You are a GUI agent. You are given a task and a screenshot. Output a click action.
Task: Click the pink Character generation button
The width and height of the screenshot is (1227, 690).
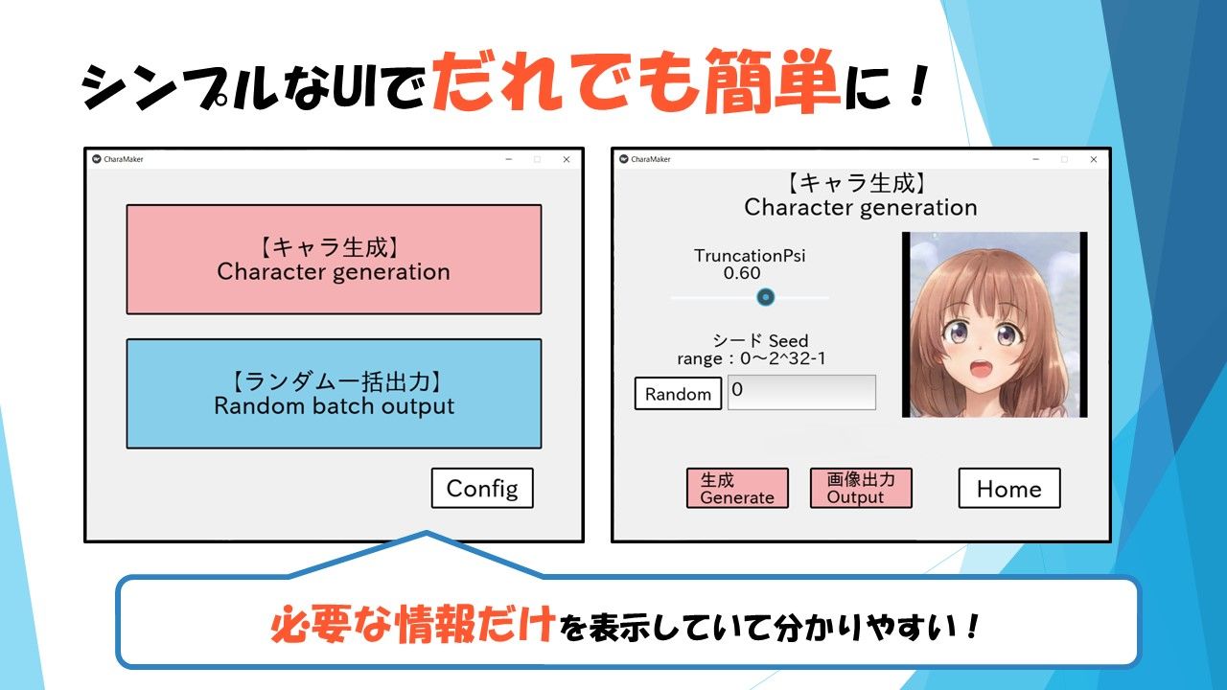[x=335, y=260]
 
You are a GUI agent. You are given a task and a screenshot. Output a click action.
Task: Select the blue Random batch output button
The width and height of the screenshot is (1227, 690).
[x=335, y=394]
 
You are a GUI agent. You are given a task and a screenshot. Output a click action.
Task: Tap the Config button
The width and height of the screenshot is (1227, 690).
[x=482, y=488]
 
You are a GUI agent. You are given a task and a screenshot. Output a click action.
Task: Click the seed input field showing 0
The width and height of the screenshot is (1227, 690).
[x=801, y=392]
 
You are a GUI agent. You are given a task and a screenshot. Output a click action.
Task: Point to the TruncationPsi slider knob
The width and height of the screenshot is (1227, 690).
[x=765, y=297]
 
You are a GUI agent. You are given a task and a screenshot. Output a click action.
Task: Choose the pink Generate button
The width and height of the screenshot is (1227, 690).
[x=737, y=488]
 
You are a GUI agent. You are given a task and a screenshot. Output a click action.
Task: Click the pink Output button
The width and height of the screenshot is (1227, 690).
[x=861, y=488]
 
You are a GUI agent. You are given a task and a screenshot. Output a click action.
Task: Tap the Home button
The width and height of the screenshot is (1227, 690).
[x=1009, y=488]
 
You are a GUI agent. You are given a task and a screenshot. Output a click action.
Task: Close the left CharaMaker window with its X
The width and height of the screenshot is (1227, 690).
[x=567, y=159]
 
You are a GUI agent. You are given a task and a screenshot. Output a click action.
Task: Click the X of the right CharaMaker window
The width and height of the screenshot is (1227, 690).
[x=1094, y=159]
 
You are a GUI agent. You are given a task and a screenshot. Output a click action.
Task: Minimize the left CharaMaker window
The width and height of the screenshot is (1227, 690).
[x=509, y=159]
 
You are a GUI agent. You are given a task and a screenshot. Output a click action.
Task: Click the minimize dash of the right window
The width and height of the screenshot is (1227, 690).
[x=1036, y=159]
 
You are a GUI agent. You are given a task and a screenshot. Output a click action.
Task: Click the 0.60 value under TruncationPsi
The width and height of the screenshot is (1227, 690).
[x=742, y=273]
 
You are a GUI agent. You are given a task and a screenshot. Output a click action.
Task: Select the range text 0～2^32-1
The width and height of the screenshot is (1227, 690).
[x=783, y=358]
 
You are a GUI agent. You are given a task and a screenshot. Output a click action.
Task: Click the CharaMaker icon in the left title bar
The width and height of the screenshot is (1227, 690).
[x=97, y=159]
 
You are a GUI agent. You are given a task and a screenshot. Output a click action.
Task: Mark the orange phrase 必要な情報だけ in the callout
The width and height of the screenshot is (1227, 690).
[x=412, y=624]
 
